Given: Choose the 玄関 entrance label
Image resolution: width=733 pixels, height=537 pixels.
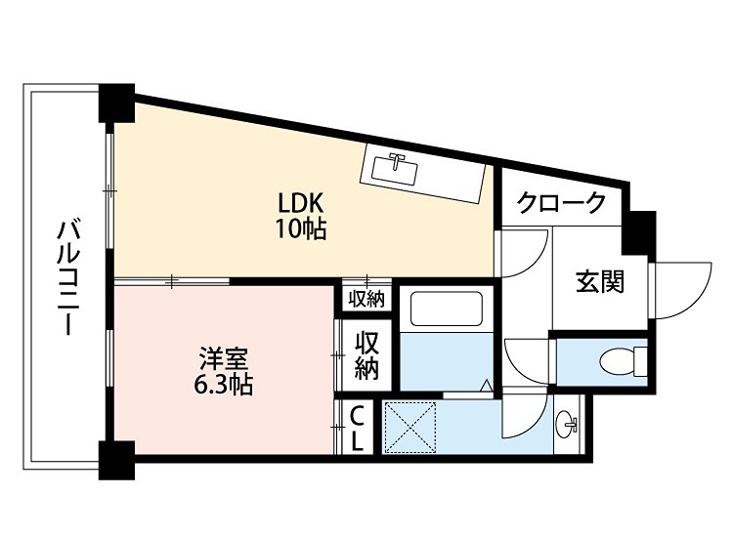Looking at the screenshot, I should pos(599,283).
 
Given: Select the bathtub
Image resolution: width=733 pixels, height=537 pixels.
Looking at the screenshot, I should pos(447,309).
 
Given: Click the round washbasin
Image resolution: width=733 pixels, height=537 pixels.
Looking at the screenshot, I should pos(566,424).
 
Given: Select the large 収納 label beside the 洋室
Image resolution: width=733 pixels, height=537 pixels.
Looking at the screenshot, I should pos(366,355).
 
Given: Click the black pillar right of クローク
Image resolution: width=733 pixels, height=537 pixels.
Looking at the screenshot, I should pos(640,228).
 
